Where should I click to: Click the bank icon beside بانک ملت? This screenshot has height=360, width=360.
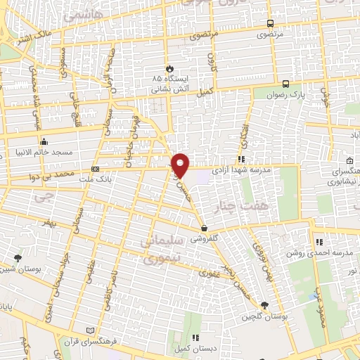click(95, 169)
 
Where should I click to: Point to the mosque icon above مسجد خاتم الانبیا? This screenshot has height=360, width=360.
click(45, 140)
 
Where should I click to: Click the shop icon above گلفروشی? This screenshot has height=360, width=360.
click(204, 228)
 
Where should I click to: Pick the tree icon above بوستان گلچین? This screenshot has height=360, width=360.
click(264, 304)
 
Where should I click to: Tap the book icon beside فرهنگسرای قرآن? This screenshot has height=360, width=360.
click(89, 330)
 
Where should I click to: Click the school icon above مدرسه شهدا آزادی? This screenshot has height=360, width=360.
click(241, 158)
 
